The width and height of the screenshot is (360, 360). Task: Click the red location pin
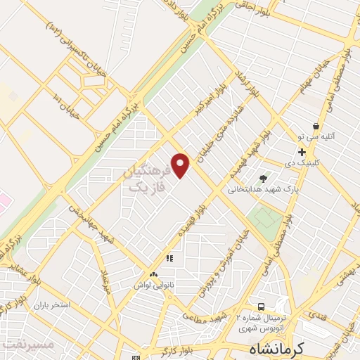tap(181, 165)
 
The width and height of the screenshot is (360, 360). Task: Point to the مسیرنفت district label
tap(27, 345)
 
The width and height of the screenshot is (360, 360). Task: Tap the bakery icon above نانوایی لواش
tap(153, 274)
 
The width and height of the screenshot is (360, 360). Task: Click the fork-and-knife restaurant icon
tap(169, 258)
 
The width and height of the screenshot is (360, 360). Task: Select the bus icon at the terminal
tap(261, 307)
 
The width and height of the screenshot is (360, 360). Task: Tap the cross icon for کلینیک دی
tap(302, 151)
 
